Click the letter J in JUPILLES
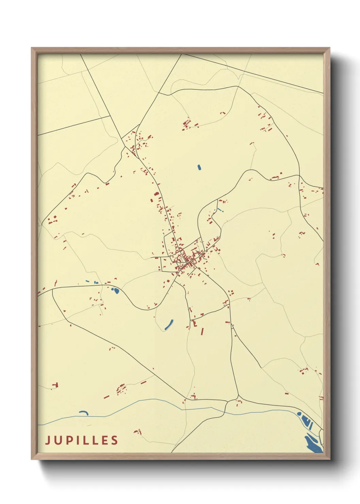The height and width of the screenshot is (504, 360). click(x=48, y=440)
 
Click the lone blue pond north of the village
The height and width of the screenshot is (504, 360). click(x=199, y=167)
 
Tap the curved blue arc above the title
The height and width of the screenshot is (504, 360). click(x=84, y=413)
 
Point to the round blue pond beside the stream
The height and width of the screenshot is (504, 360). click(x=299, y=414)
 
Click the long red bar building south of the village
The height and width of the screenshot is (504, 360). click(x=202, y=331)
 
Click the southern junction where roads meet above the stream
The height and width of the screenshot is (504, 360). click(x=238, y=397)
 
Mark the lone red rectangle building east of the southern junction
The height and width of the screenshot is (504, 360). click(x=287, y=393)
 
